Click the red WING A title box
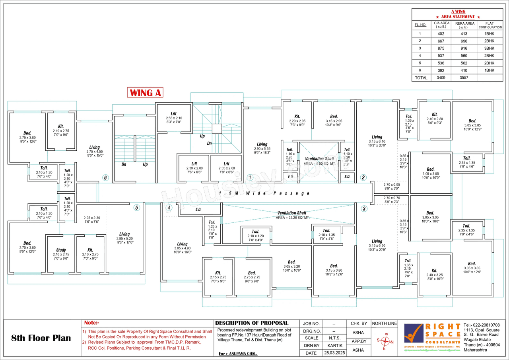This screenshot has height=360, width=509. tap(145, 93)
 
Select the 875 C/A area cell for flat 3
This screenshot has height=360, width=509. tap(441, 48)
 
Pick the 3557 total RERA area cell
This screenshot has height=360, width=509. tap(464, 78)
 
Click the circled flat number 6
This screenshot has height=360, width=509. tap(105, 178)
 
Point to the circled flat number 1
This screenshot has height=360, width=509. tap(250, 177)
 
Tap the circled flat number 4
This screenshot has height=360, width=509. tap(169, 207)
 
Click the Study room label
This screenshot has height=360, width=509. tap(61, 250)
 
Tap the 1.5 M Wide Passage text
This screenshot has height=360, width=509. tap(264, 193)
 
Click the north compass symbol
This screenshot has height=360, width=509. tap(385, 342)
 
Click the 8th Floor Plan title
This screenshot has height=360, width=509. tap(41, 338)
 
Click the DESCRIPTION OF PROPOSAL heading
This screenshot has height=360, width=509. tap(252, 323)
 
